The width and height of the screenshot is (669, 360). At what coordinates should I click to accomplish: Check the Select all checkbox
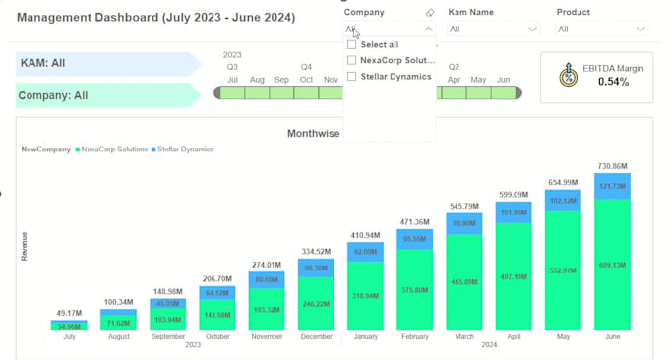point(352,45)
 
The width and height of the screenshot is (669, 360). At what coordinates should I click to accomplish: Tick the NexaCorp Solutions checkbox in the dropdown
point(352,61)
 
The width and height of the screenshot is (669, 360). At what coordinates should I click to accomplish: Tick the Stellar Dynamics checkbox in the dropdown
point(352,77)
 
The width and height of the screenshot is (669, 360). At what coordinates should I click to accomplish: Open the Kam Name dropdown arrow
point(533,30)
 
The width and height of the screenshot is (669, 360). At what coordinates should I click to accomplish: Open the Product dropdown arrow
point(641,30)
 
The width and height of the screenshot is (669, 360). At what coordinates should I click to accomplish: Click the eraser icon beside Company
point(429,13)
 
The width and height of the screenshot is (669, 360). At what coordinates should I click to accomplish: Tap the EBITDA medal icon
point(568,75)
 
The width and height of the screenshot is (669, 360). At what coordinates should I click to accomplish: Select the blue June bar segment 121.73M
point(612,186)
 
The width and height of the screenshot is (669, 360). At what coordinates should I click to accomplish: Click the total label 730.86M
point(612,167)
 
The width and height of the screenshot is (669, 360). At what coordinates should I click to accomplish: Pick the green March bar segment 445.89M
point(464,282)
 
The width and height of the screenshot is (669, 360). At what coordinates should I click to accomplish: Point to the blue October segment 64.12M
point(217,293)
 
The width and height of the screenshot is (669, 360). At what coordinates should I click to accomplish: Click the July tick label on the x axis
point(69,336)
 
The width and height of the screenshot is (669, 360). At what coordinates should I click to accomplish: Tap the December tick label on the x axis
point(316,336)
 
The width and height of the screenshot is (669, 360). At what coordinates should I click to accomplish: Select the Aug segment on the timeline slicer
point(257,93)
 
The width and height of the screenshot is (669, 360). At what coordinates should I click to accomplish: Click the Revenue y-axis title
point(24,246)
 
